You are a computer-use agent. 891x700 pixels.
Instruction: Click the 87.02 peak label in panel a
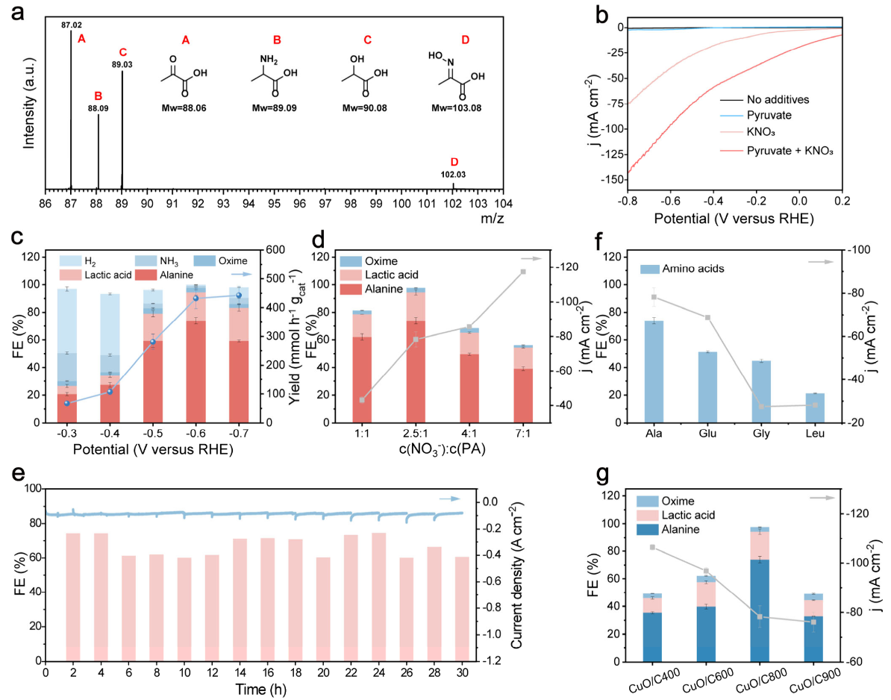(72, 25)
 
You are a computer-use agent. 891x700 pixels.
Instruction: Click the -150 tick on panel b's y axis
(610, 179)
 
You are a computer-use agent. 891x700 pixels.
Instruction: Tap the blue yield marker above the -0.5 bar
(153, 342)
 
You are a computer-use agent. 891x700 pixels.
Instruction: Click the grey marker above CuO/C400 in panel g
(653, 548)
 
